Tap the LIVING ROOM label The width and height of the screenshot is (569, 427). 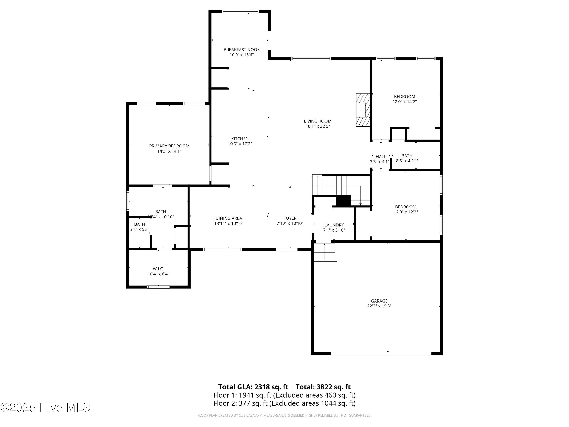coord(318,121)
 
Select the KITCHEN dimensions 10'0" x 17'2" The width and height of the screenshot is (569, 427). coord(240,144)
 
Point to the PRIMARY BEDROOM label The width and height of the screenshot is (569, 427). coord(169,146)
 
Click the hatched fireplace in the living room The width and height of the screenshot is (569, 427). coord(363,110)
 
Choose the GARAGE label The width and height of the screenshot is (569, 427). coord(379,301)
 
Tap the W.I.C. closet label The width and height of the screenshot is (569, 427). coord(158,269)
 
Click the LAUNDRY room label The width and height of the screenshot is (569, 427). coord(334,225)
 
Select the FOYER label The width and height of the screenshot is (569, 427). coord(290,218)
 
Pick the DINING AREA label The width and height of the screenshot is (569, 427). coord(229,218)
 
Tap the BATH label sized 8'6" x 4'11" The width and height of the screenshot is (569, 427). coord(407,156)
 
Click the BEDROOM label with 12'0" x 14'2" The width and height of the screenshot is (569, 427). coord(404,97)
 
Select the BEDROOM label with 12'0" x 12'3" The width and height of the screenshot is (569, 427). coord(405,207)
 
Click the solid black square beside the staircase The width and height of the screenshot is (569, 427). coord(344,201)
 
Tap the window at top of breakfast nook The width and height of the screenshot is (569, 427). coord(240,11)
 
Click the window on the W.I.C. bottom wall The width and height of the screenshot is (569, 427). coord(158,287)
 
